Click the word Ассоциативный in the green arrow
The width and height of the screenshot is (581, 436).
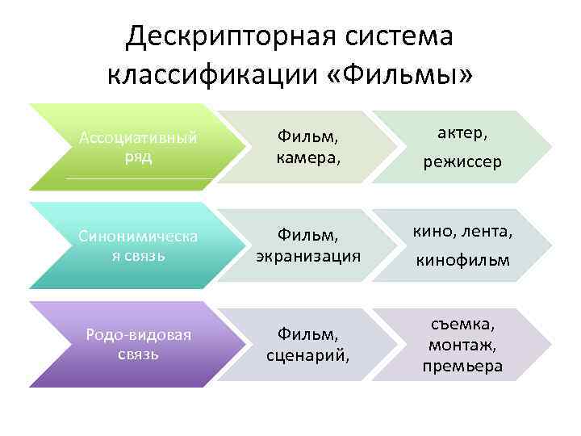(138, 138)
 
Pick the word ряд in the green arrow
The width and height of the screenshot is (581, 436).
(138, 156)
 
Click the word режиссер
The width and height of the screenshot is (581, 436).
(462, 162)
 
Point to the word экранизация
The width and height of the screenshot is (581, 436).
(307, 255)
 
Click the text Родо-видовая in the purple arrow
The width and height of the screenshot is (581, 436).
(138, 334)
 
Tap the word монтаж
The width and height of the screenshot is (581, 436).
(462, 345)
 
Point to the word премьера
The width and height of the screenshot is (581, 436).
(462, 365)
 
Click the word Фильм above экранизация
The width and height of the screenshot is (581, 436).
(306, 235)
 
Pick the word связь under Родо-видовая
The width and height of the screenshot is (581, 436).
(138, 354)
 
